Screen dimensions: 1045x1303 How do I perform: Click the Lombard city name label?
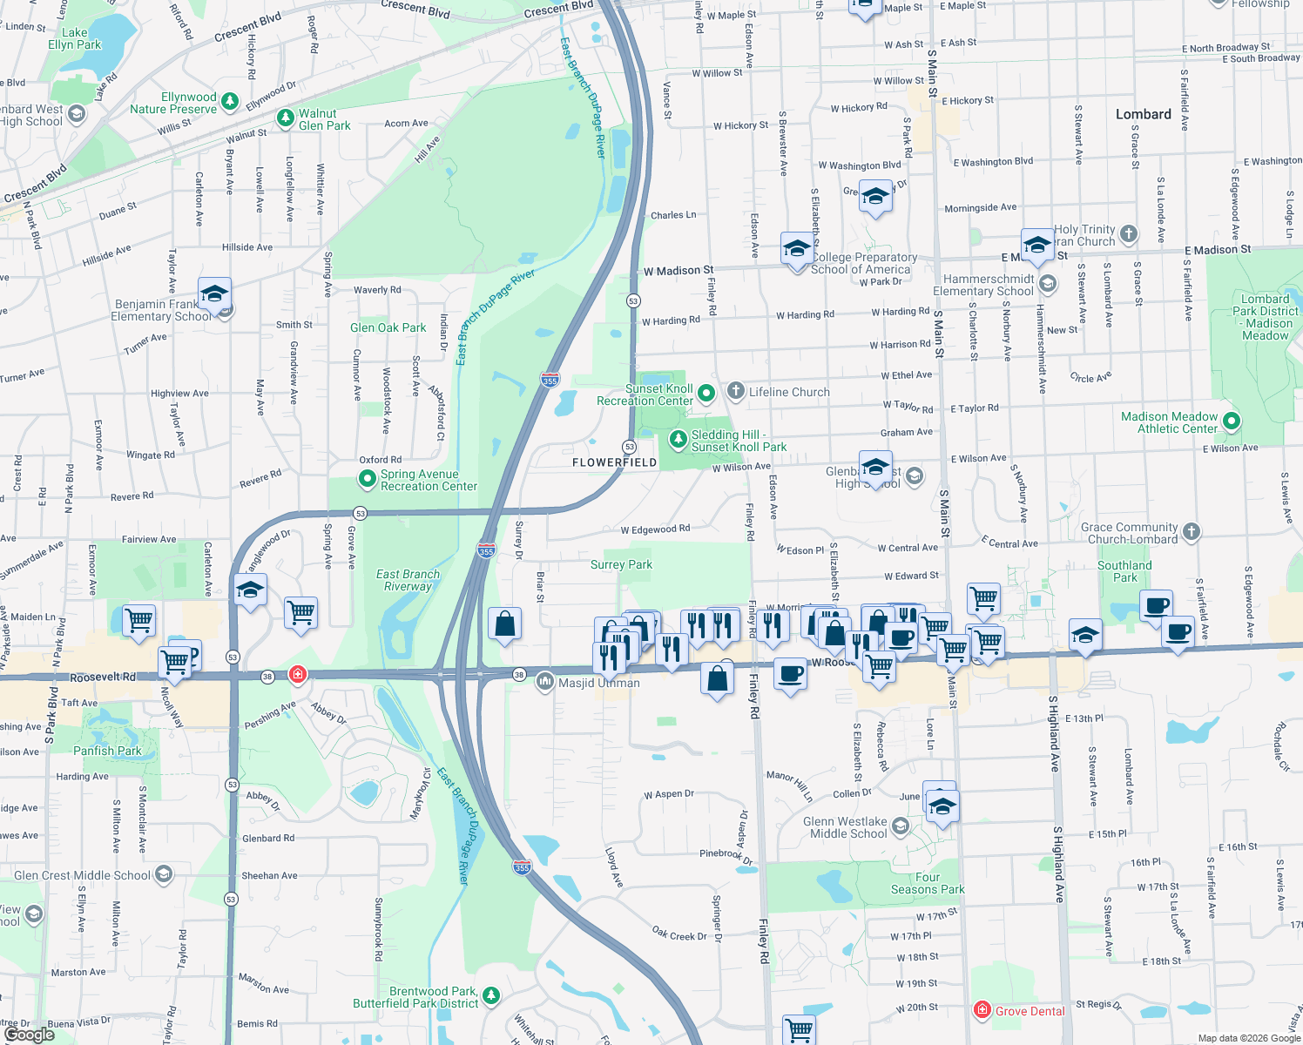[1143, 114]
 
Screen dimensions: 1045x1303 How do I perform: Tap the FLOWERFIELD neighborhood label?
[614, 462]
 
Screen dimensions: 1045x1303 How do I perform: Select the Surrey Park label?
[621, 564]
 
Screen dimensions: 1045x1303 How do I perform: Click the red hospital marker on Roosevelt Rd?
[298, 675]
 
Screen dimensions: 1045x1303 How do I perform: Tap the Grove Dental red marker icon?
[982, 1010]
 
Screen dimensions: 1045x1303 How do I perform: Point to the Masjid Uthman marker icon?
[545, 680]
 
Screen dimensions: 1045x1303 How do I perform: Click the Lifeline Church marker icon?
[736, 391]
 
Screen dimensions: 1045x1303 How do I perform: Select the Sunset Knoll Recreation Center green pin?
[706, 394]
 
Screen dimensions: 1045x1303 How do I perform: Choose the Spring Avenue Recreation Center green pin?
[368, 479]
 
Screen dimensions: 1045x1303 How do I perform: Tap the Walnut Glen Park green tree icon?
[285, 118]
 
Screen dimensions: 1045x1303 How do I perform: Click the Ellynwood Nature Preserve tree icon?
[230, 102]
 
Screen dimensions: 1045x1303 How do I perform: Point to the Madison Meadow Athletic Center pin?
[1231, 421]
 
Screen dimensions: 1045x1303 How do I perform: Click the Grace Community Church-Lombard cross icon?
[1192, 531]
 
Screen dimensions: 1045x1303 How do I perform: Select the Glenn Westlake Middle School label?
[844, 827]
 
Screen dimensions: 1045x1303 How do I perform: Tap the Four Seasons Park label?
[927, 883]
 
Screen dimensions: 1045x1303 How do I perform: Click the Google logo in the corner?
[29, 1035]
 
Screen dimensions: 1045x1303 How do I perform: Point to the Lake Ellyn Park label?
[75, 38]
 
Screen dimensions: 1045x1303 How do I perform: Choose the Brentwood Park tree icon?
[491, 994]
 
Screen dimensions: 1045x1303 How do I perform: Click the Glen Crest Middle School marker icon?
[164, 874]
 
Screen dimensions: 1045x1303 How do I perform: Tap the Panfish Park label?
[107, 751]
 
